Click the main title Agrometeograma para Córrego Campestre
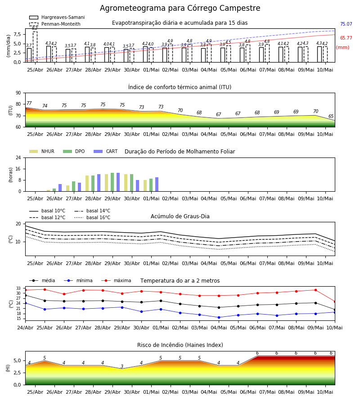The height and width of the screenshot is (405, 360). [x=180, y=8]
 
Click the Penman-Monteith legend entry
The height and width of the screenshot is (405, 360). [x=55, y=24]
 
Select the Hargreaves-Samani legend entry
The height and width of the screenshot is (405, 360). [x=57, y=17]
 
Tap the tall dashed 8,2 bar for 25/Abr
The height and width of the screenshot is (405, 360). [x=35, y=47]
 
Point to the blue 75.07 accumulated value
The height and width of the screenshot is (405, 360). [x=346, y=24]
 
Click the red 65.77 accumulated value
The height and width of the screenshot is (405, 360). [x=346, y=38]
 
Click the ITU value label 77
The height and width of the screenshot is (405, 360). [x=29, y=103]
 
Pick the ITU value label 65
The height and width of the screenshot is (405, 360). [x=331, y=116]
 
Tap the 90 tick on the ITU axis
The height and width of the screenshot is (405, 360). [x=18, y=93]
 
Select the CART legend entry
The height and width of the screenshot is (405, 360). [x=106, y=151]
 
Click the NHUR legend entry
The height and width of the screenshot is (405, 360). [x=42, y=151]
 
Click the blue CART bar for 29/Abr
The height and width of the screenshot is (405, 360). [x=118, y=182]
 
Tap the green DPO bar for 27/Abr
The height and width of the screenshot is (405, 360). [x=74, y=186]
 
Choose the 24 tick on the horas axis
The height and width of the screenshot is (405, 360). [x=18, y=157]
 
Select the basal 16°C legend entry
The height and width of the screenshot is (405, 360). [x=92, y=217]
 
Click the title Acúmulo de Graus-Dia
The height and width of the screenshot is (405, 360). [x=180, y=216]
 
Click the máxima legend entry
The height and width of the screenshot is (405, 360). [x=116, y=280]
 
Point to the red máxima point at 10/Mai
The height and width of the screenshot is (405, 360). [x=335, y=301]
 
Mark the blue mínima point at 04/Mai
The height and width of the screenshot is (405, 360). [x=219, y=317]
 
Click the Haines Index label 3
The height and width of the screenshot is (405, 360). [x=122, y=366]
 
